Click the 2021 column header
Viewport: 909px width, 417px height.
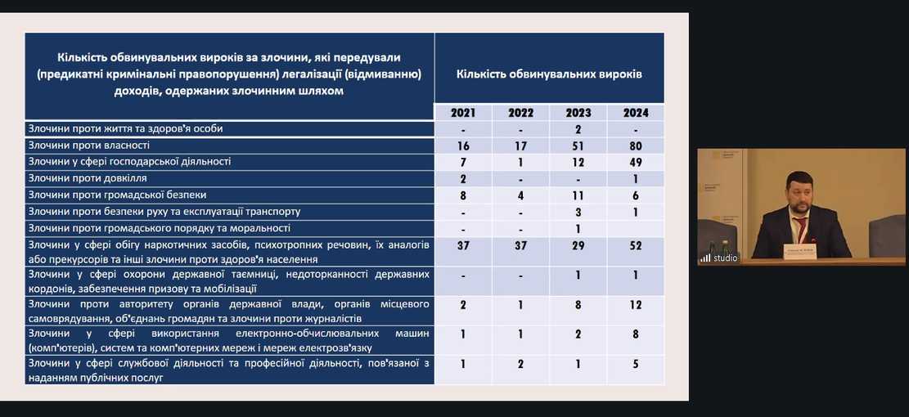pyautogui.click(x=462, y=113)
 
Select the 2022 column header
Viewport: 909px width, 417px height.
pyautogui.click(x=520, y=113)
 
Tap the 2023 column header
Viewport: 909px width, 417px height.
pyautogui.click(x=578, y=113)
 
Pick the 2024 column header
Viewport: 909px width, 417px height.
pyautogui.click(x=636, y=113)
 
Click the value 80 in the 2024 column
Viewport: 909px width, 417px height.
pyautogui.click(x=636, y=146)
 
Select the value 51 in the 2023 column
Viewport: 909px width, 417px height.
pyautogui.click(x=578, y=146)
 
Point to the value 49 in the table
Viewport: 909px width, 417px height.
pyautogui.click(x=636, y=162)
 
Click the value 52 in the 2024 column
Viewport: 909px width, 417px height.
pyautogui.click(x=636, y=245)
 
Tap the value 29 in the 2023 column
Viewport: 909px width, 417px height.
pyautogui.click(x=578, y=245)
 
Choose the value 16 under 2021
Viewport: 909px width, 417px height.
pyautogui.click(x=462, y=146)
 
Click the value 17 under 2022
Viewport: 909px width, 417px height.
pyautogui.click(x=520, y=146)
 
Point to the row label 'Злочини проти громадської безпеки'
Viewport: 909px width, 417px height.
pyautogui.click(x=117, y=195)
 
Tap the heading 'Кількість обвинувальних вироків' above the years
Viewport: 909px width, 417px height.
pyautogui.click(x=548, y=74)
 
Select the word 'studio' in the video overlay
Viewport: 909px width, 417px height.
pyautogui.click(x=725, y=258)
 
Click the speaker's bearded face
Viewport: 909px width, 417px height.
pyautogui.click(x=799, y=196)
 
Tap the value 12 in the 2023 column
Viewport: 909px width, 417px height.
pyautogui.click(x=578, y=162)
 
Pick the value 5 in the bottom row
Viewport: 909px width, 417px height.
pyautogui.click(x=636, y=364)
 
